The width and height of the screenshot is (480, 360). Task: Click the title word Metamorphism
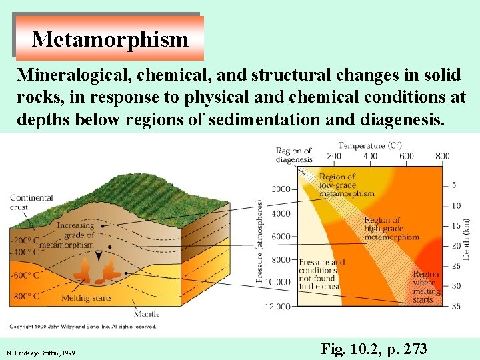pos(110,39)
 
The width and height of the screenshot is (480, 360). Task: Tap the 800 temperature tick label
pos(442,156)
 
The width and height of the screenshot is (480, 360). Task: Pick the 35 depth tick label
pos(456,307)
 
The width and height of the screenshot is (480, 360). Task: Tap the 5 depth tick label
pos(454,185)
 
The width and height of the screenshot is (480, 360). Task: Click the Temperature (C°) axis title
pos(371,145)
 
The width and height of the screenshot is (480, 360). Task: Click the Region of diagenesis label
pos(294,155)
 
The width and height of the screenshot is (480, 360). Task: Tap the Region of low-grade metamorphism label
pos(347,185)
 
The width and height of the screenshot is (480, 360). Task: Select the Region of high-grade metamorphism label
pos(391,228)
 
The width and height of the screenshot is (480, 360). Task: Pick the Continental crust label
pos(31,202)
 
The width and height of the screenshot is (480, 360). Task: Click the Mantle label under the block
pos(147,313)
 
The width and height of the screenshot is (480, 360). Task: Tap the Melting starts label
pos(86,298)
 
